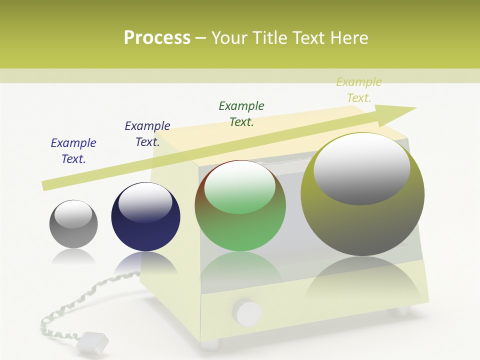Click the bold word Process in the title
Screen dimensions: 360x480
pyautogui.click(x=157, y=38)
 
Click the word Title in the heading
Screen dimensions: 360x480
pyautogui.click(x=271, y=38)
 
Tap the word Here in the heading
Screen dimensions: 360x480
pyautogui.click(x=348, y=38)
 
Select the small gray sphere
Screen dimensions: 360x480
pyautogui.click(x=73, y=224)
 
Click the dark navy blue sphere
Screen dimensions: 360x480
pyautogui.click(x=145, y=217)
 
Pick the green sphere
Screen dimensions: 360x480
pyautogui.click(x=240, y=206)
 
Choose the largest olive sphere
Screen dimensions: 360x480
pyautogui.click(x=362, y=194)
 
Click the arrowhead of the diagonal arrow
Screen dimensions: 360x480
pyautogui.click(x=397, y=112)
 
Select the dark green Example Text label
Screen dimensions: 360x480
pyautogui.click(x=241, y=114)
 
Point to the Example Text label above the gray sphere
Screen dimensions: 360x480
pyautogui.click(x=73, y=151)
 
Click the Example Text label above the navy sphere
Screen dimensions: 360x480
pyautogui.click(x=147, y=134)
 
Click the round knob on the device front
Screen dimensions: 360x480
pyautogui.click(x=248, y=313)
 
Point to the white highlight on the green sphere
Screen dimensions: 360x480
pyautogui.click(x=240, y=187)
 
